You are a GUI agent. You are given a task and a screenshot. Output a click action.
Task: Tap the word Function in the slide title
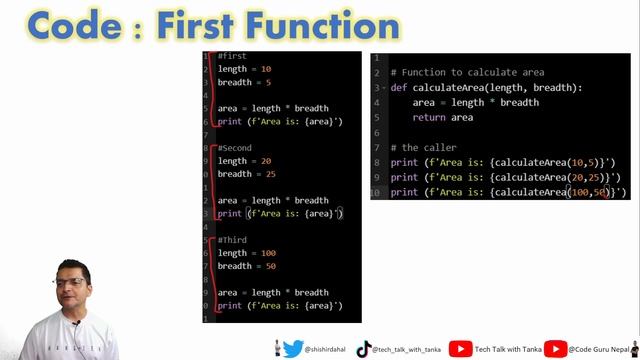tap(319, 25)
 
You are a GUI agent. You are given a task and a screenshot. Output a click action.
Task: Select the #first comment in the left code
tap(232, 56)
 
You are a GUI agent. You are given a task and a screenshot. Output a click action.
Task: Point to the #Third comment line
tap(232, 240)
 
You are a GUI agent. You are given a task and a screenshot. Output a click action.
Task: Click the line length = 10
tap(244, 69)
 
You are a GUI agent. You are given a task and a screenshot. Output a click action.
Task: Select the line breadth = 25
tap(246, 174)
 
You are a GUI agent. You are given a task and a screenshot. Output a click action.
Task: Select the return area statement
tap(442, 118)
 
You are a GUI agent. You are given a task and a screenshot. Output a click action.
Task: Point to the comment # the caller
tap(423, 148)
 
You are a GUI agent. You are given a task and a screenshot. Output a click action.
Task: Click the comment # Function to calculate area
tap(467, 73)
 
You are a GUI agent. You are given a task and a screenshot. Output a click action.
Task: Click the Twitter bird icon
tap(293, 349)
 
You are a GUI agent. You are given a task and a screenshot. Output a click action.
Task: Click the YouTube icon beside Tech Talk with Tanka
tap(460, 349)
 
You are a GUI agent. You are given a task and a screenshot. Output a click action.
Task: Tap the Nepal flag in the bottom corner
tap(632, 348)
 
